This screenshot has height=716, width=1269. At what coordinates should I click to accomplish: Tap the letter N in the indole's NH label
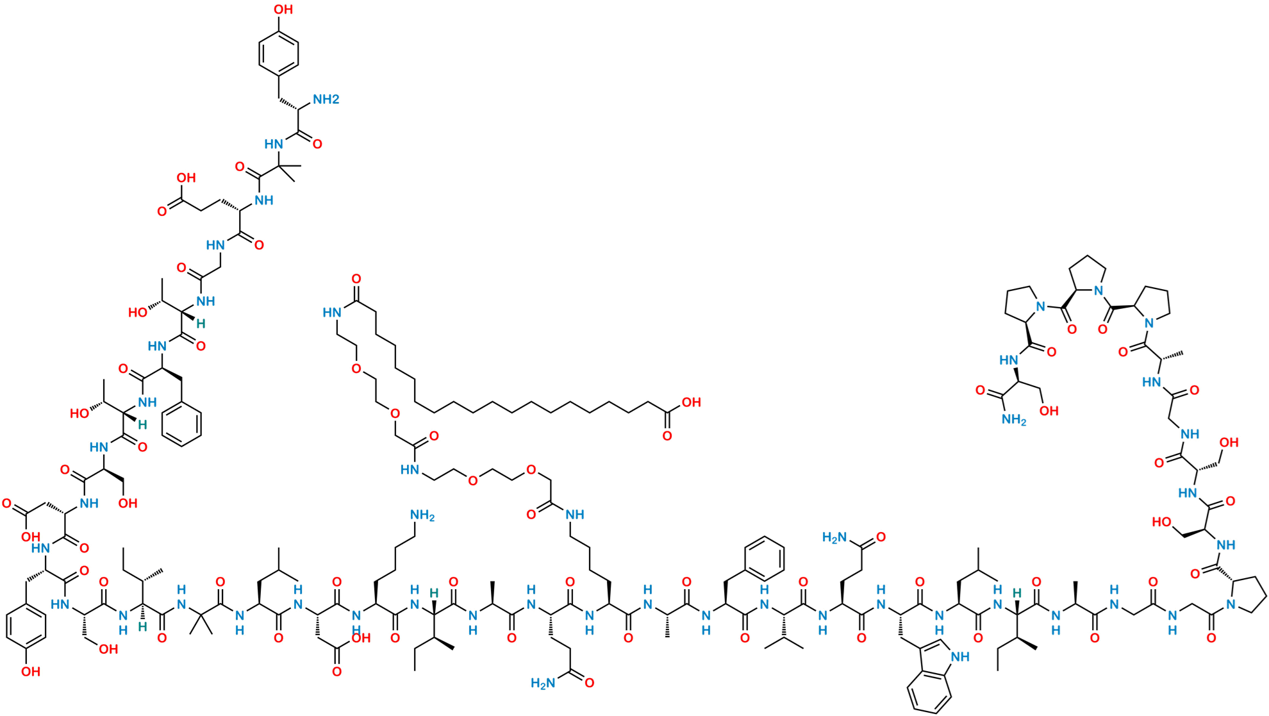tap(956, 656)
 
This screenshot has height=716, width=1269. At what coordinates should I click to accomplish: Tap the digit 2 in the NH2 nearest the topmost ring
tap(335, 99)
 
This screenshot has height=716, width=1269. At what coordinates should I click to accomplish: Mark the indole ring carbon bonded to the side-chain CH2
tap(921, 649)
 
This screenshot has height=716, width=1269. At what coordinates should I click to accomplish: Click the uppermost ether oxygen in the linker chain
tap(356, 369)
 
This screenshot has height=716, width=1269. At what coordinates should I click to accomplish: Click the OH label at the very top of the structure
tap(283, 9)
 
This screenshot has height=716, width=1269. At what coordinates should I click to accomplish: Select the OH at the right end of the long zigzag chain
tap(691, 403)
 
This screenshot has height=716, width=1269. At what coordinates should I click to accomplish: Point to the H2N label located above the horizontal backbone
tap(835, 537)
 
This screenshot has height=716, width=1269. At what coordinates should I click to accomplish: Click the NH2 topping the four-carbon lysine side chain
tap(422, 515)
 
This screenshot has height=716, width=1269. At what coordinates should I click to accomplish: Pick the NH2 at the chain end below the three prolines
tap(1014, 419)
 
